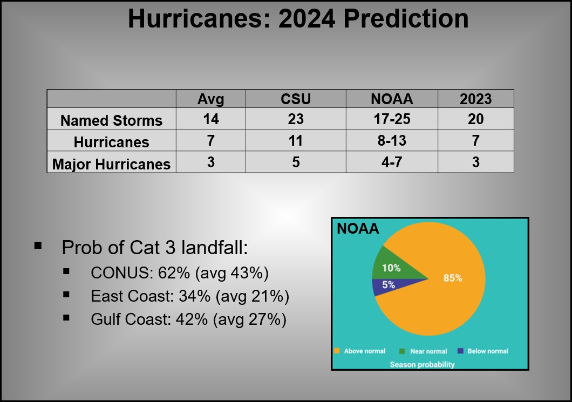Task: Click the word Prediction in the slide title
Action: tap(406, 18)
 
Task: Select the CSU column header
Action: tap(296, 99)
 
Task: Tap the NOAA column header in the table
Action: tap(392, 99)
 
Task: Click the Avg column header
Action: tap(210, 99)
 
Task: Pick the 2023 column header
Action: tap(476, 99)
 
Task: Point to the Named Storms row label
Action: tap(111, 121)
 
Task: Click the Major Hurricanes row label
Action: tap(111, 164)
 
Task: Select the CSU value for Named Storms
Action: tap(296, 119)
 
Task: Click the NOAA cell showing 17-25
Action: tap(392, 119)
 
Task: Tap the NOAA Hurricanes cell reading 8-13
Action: tap(392, 140)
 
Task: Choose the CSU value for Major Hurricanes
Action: tap(296, 162)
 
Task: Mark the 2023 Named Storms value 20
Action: tap(476, 119)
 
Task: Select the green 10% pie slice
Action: tap(392, 267)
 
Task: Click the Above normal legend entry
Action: tap(360, 351)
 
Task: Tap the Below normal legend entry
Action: tap(483, 351)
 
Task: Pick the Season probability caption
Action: tap(423, 364)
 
